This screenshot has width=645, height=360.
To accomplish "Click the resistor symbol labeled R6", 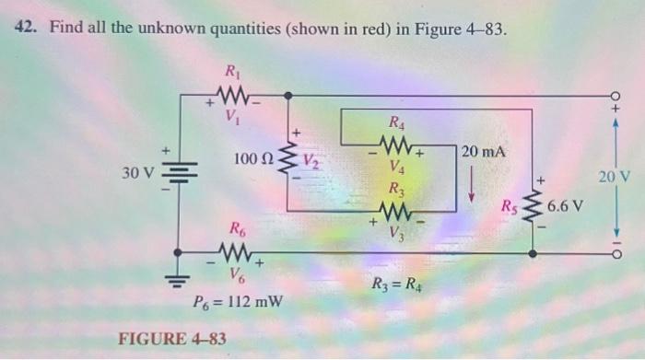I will (x=237, y=251).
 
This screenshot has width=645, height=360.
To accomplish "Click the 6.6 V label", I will (x=566, y=204).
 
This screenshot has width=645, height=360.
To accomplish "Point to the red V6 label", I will (x=237, y=273).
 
